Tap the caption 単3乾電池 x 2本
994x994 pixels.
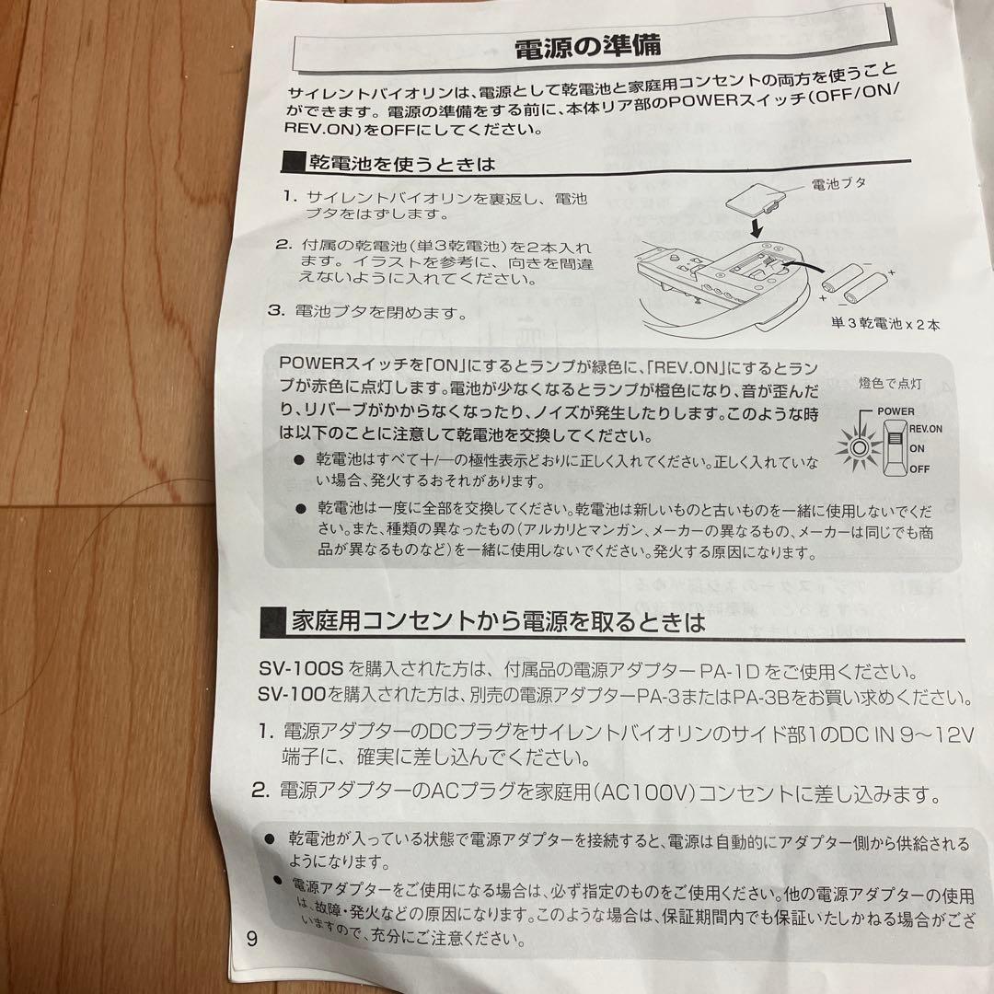[884, 324]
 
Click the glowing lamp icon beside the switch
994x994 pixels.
[860, 448]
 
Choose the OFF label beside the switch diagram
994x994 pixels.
[919, 468]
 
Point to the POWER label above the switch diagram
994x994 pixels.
[896, 410]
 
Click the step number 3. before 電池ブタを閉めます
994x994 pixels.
[274, 310]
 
